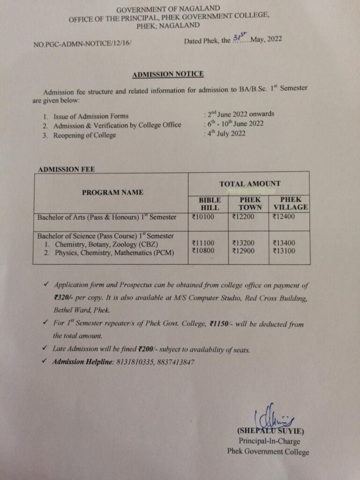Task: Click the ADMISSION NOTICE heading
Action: click(x=167, y=74)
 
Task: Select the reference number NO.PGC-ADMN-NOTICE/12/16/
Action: click(x=82, y=44)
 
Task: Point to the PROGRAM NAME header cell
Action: click(x=112, y=192)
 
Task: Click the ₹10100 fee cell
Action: click(x=203, y=217)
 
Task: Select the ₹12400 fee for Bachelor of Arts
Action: click(x=284, y=217)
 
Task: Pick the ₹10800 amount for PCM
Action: click(x=203, y=252)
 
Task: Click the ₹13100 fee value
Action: click(x=284, y=252)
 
